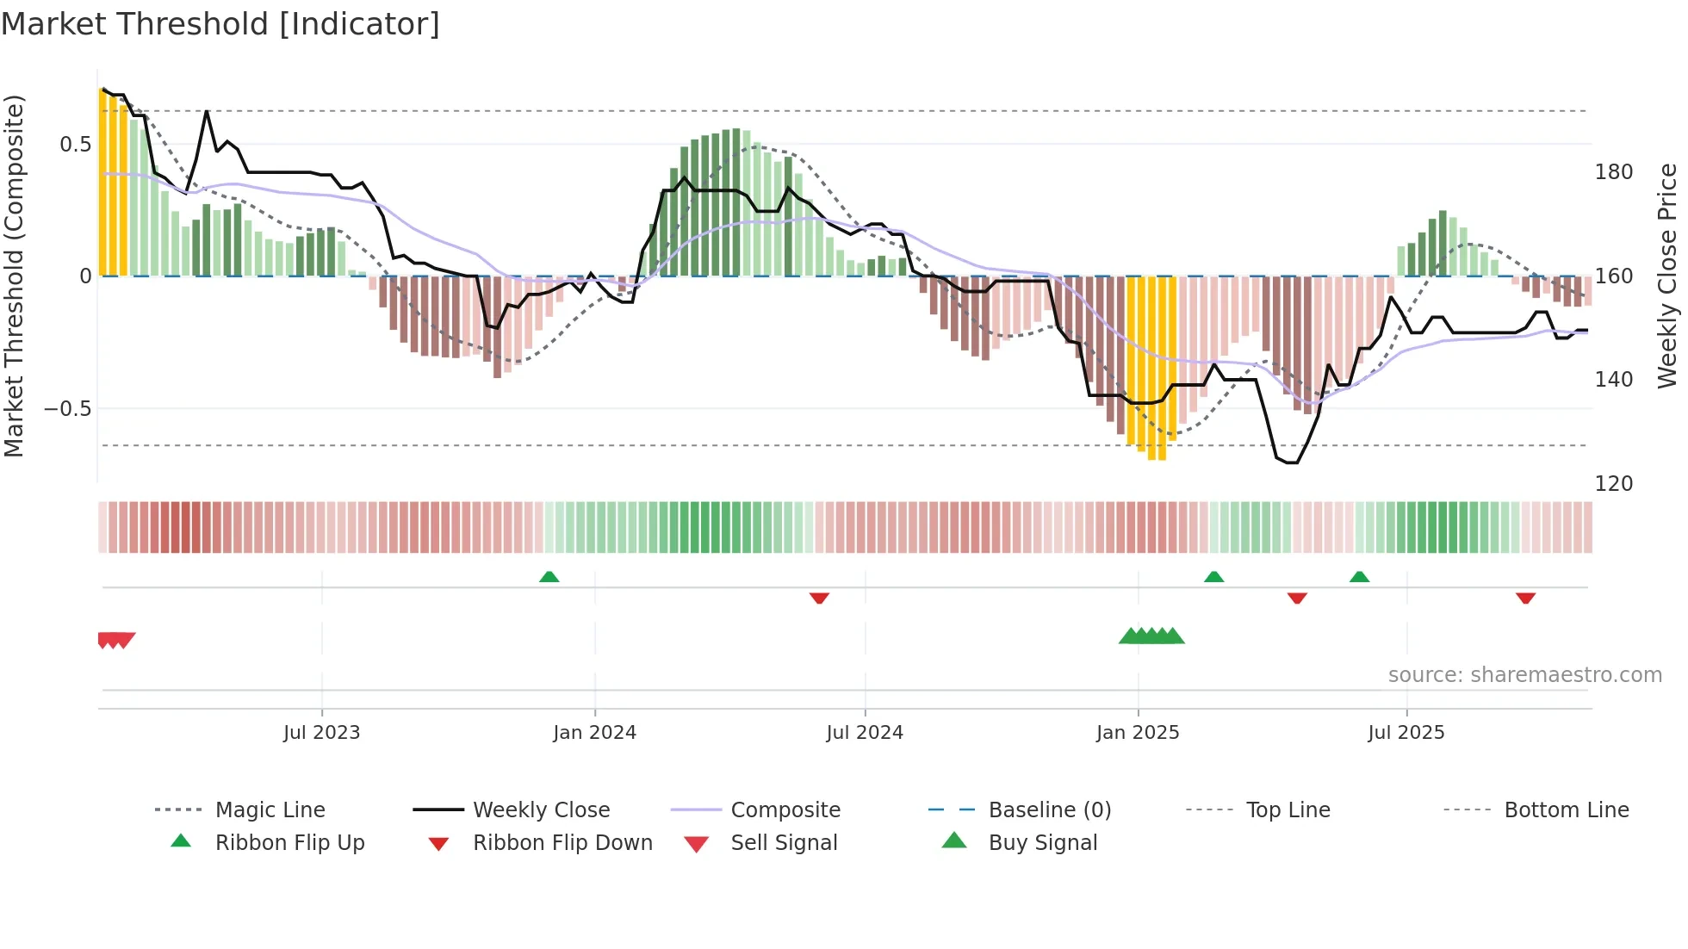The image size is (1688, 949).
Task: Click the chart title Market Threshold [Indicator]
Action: tap(220, 24)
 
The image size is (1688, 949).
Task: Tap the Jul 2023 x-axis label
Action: tap(321, 733)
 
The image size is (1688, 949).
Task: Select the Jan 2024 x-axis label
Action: tap(594, 733)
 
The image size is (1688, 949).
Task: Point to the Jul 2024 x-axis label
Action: tap(865, 733)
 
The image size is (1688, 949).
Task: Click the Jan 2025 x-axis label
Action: tap(1138, 733)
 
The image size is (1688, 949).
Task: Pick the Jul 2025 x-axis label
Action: tap(1406, 733)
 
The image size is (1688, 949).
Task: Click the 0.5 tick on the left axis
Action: tap(76, 145)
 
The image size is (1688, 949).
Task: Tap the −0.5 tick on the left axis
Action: tap(67, 409)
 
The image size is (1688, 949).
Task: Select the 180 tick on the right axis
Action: tap(1613, 172)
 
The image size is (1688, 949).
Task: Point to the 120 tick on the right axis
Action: tap(1613, 484)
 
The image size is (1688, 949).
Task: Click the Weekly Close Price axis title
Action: tap(1667, 276)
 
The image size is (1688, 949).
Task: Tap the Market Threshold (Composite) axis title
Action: tap(14, 276)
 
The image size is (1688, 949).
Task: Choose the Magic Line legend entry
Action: tap(270, 810)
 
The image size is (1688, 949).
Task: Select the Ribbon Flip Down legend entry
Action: tap(562, 843)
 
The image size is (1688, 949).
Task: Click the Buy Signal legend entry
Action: tap(1042, 843)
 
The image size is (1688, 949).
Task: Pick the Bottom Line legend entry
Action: tap(1566, 810)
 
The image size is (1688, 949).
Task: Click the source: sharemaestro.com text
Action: tap(1524, 675)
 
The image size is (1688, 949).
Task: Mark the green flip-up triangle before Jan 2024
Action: tap(549, 577)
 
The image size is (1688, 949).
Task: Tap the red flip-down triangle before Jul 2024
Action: tap(819, 598)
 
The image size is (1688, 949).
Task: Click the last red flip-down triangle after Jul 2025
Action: tap(1525, 598)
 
